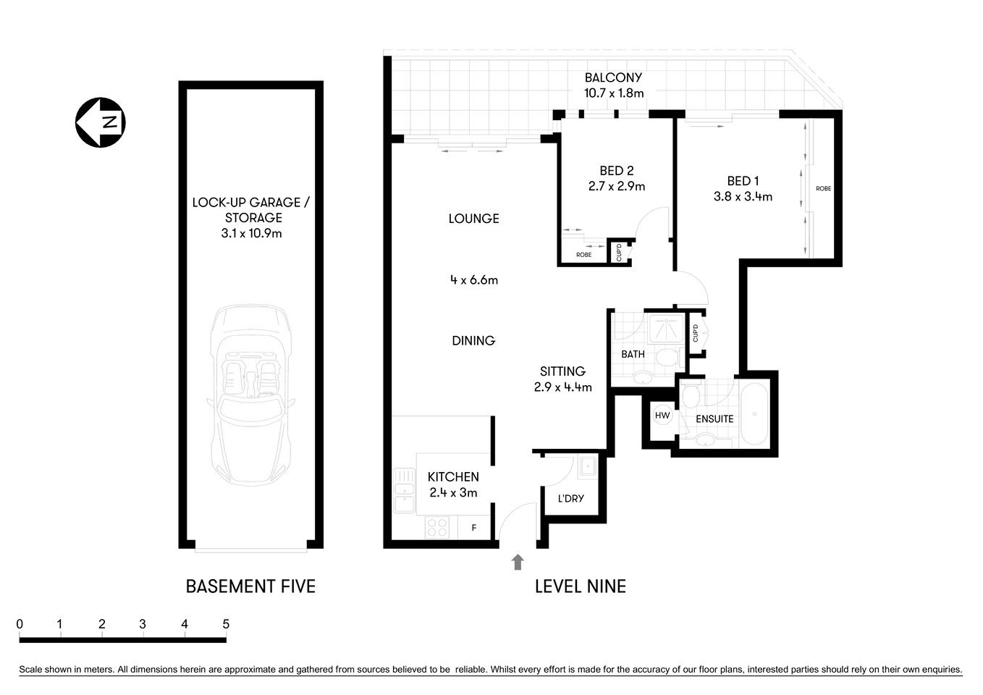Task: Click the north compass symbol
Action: click(x=101, y=122)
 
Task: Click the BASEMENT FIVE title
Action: click(x=250, y=586)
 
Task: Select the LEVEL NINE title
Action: click(x=580, y=586)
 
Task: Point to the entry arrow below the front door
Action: click(x=517, y=563)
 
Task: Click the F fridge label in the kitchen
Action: click(x=474, y=528)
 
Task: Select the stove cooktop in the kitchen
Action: click(x=437, y=528)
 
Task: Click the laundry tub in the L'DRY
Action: click(x=587, y=466)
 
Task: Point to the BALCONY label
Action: click(x=613, y=77)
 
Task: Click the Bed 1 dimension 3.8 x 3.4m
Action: click(x=743, y=196)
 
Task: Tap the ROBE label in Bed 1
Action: click(x=823, y=189)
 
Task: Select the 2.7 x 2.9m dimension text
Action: click(x=616, y=186)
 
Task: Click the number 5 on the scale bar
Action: click(x=226, y=624)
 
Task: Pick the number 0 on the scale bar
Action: click(x=20, y=624)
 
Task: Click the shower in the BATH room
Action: click(x=665, y=327)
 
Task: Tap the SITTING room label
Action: click(x=562, y=371)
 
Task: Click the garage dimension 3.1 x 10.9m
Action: click(x=251, y=233)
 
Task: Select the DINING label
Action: click(x=473, y=340)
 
